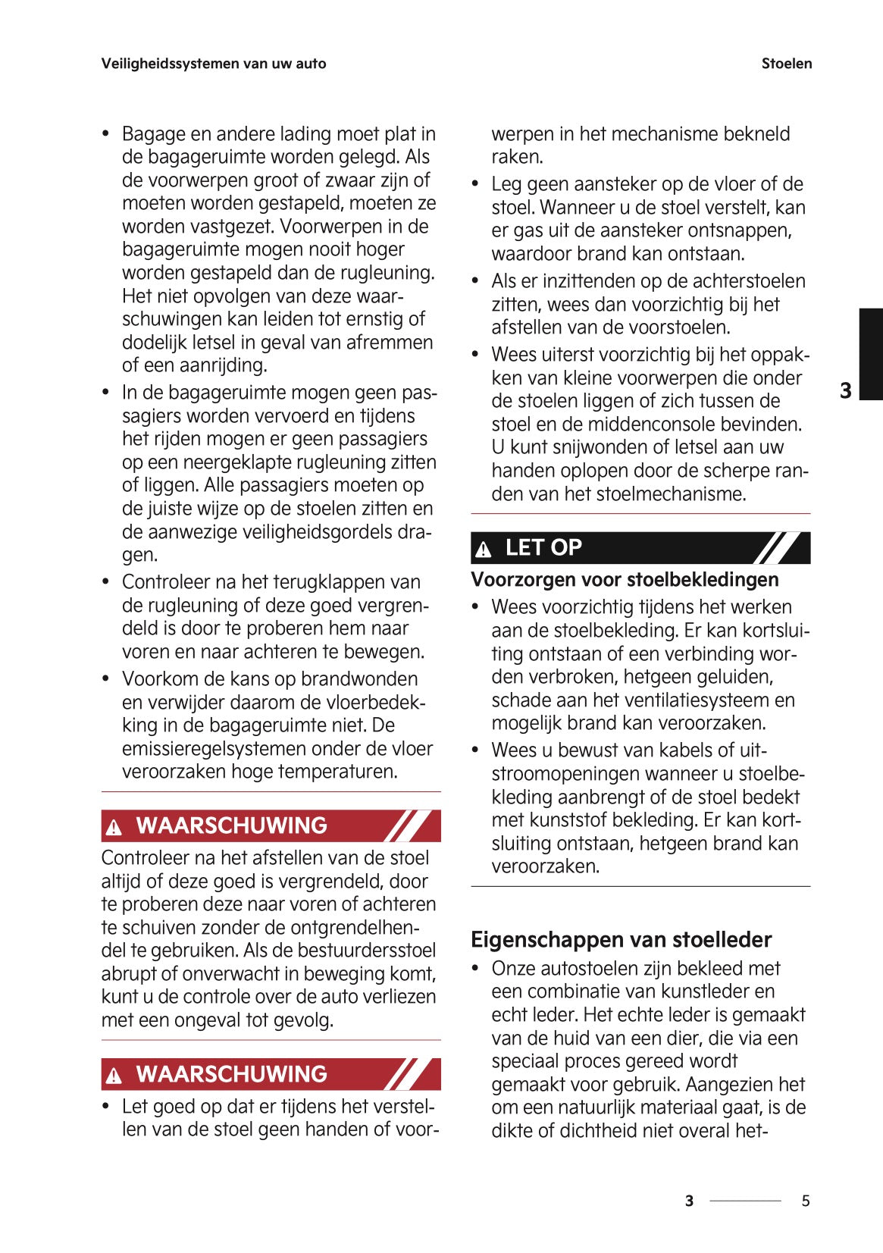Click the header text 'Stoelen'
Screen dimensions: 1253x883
[x=786, y=64]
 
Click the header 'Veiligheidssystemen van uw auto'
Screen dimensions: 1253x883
[x=214, y=64]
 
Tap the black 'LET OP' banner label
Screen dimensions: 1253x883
[x=543, y=547]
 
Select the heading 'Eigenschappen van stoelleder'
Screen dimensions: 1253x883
[x=621, y=939]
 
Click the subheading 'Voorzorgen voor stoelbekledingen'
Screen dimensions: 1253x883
[x=625, y=580]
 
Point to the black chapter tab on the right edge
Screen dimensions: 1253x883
[x=870, y=353]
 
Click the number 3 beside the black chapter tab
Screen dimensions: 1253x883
[x=846, y=391]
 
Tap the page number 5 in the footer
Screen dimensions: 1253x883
[x=806, y=1201]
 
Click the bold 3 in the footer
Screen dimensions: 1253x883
[x=688, y=1201]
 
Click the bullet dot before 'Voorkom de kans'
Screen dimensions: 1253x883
[x=107, y=678]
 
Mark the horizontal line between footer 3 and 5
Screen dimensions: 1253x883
[x=745, y=1201]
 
